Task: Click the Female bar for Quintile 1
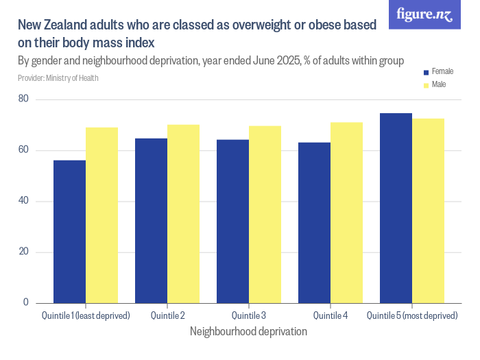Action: (x=69, y=232)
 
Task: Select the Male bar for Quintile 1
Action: (x=101, y=215)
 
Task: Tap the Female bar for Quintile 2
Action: (x=151, y=221)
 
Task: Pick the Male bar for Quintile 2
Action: (x=183, y=214)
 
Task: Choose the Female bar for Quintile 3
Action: (x=232, y=221)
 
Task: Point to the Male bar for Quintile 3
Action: (x=265, y=215)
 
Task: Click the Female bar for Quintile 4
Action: (x=314, y=223)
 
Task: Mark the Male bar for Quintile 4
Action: (x=346, y=213)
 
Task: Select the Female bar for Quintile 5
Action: (x=396, y=208)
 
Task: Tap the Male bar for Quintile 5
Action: (x=428, y=211)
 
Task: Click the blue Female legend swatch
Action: (x=426, y=72)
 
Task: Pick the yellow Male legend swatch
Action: (x=426, y=85)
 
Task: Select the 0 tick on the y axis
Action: (x=26, y=302)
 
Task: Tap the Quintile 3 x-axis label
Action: (x=248, y=316)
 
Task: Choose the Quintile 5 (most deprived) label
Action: (x=411, y=316)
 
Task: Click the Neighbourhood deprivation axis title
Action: (x=248, y=331)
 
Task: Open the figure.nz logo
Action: (x=424, y=14)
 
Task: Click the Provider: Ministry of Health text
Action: (x=58, y=78)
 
